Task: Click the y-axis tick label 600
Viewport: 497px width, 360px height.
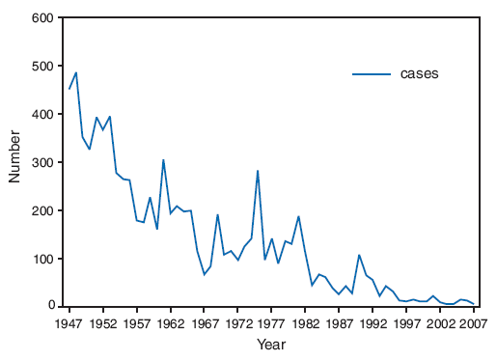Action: [x=41, y=18]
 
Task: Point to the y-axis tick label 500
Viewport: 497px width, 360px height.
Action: [x=41, y=67]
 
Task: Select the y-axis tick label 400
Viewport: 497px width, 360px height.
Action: [x=41, y=114]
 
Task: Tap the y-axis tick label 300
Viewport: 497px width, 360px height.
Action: [x=41, y=162]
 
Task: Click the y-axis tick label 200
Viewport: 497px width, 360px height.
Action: [x=41, y=210]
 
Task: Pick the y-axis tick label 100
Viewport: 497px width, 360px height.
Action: [x=41, y=259]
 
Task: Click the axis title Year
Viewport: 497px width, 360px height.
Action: [x=271, y=344]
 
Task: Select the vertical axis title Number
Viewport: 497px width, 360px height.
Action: [x=14, y=162]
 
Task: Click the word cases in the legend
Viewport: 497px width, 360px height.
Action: [x=420, y=74]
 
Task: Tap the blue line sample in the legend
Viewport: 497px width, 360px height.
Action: [x=372, y=74]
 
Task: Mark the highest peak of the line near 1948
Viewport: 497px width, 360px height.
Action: [x=76, y=72]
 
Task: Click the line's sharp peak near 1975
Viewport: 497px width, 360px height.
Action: [x=258, y=170]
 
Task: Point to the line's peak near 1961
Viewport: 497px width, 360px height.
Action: [x=164, y=160]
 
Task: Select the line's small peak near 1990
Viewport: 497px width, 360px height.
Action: [x=359, y=255]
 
